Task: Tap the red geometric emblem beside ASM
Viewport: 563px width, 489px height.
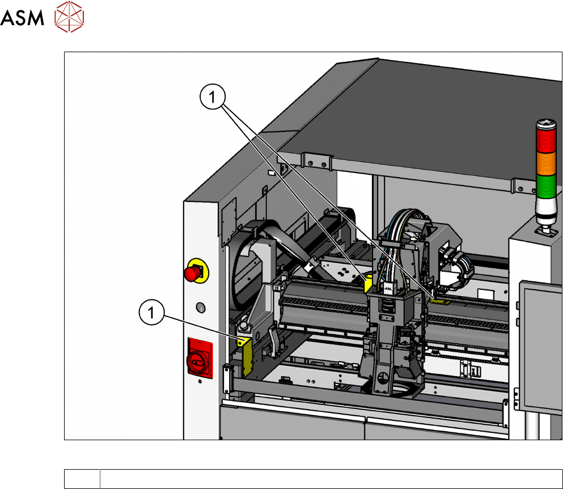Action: (x=69, y=17)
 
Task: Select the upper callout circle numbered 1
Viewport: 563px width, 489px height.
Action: (x=213, y=96)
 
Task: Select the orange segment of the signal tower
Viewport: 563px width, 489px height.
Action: (x=546, y=164)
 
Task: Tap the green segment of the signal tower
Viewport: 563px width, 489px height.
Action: (x=546, y=187)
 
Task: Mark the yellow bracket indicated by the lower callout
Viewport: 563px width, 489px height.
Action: (x=245, y=356)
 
